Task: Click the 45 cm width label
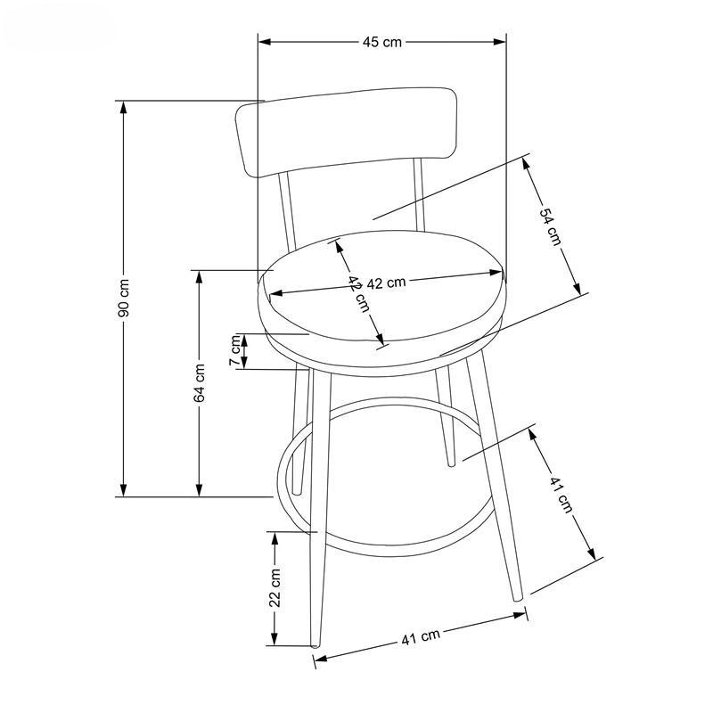click(382, 42)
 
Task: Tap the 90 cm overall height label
click(124, 298)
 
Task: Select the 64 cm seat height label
click(199, 383)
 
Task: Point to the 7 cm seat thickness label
click(235, 350)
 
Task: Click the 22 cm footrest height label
click(275, 587)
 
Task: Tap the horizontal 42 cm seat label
click(386, 283)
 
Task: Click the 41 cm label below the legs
click(421, 637)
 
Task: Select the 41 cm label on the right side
click(561, 495)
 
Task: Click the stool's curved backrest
click(346, 132)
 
